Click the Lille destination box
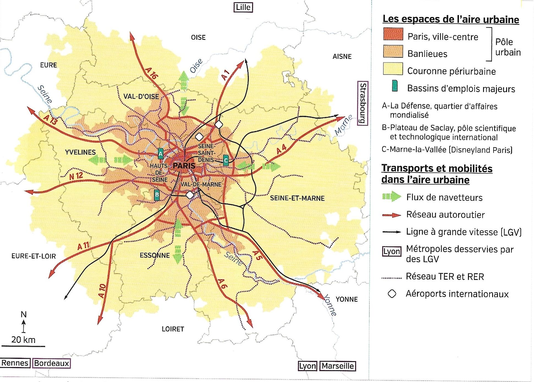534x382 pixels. click(243, 7)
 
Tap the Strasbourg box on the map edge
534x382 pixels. click(363, 103)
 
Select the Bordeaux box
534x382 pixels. click(51, 363)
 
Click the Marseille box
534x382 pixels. click(338, 366)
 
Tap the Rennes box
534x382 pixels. click(15, 363)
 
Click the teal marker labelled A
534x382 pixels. click(161, 153)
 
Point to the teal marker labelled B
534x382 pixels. click(157, 195)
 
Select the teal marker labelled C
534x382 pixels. click(226, 160)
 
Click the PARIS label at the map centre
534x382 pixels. click(184, 166)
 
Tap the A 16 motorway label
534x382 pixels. click(151, 73)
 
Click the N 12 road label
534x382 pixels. click(76, 176)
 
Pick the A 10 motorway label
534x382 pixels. click(102, 291)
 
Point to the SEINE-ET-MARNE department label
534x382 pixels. click(297, 198)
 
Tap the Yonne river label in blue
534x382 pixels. click(330, 305)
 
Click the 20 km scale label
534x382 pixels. click(23, 340)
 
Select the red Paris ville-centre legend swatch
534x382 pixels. click(393, 34)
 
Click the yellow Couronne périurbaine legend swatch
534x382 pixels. click(393, 69)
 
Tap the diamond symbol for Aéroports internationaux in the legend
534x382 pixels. click(392, 294)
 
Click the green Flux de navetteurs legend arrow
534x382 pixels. click(391, 196)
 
